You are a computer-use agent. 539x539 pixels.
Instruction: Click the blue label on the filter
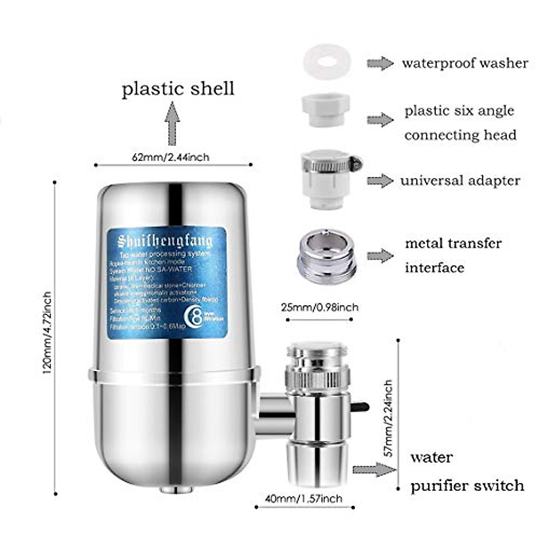[x=166, y=283]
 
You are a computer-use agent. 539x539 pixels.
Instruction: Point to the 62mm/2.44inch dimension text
[x=170, y=157]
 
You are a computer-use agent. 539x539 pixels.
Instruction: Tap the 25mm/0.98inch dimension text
[x=320, y=307]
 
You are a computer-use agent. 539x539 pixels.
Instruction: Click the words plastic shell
[x=178, y=88]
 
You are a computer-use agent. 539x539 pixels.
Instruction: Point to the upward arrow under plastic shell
[x=172, y=123]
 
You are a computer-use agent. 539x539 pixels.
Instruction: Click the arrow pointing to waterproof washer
[x=380, y=63]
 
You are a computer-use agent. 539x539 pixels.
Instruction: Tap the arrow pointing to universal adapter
[x=380, y=181]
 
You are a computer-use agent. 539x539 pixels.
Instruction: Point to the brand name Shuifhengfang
[x=165, y=242]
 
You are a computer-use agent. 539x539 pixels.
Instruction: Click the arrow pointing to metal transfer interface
[x=380, y=256]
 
